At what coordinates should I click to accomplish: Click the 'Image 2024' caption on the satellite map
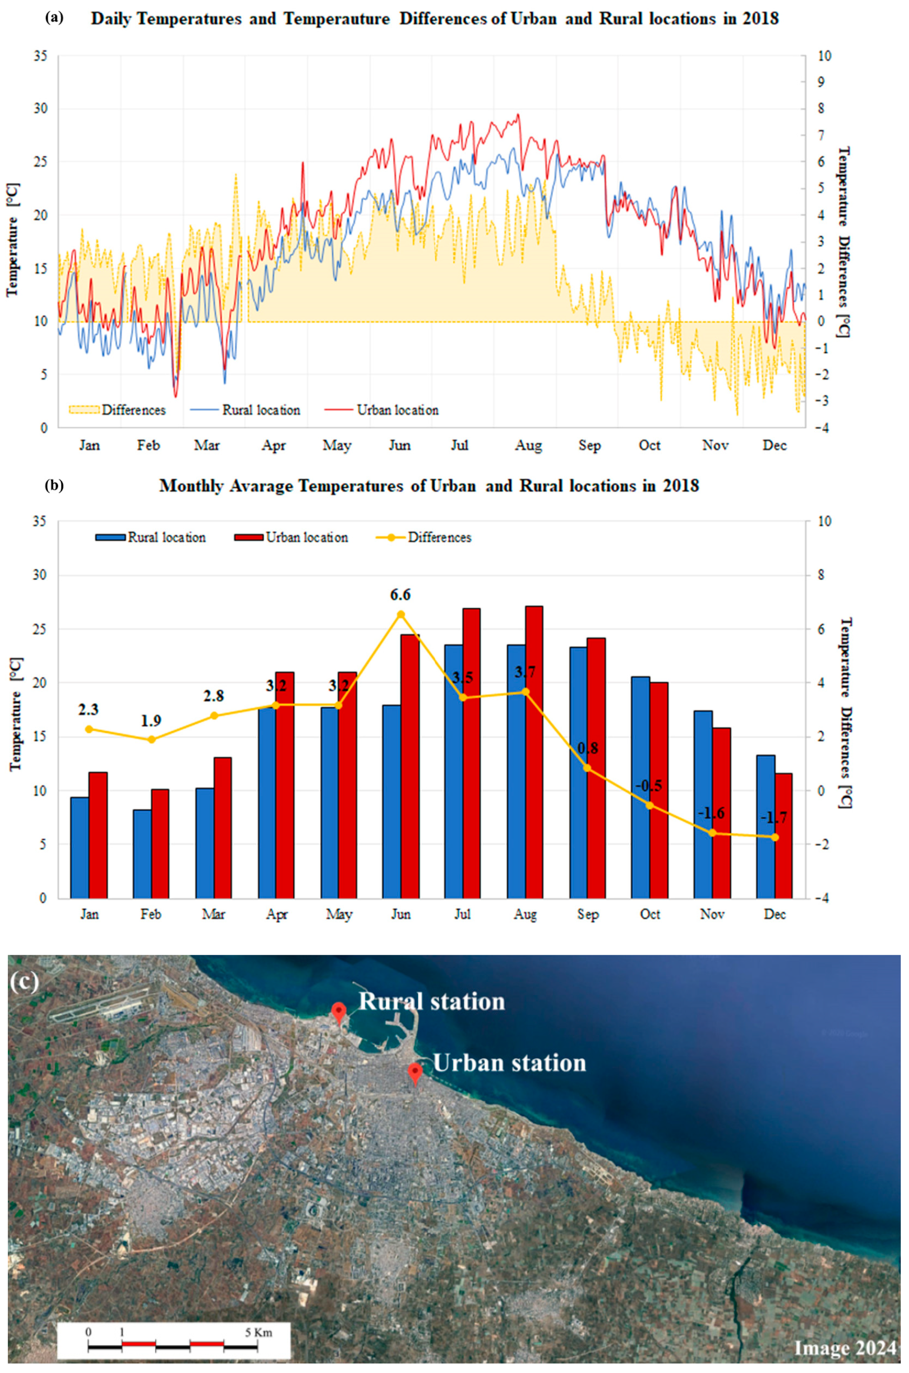[x=844, y=1348]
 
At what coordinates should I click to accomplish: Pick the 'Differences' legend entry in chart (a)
[x=133, y=410]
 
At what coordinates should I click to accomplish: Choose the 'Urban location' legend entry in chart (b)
[x=307, y=537]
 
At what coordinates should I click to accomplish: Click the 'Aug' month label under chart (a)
[x=528, y=446]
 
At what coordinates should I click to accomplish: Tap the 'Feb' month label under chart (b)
[x=150, y=914]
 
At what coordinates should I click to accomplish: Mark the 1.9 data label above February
[x=151, y=720]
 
